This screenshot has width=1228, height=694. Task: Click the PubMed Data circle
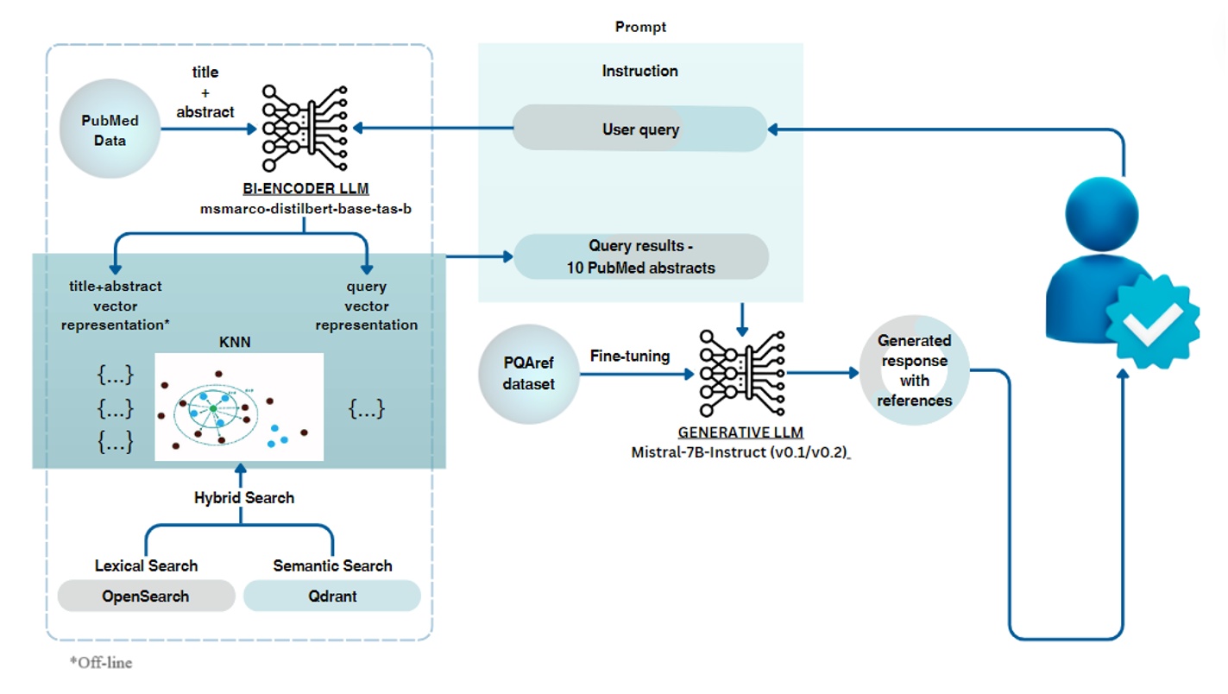[110, 130]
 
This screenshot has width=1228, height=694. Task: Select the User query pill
[639, 129]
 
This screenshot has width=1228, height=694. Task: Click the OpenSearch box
[145, 596]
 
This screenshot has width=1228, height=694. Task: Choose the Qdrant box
[332, 596]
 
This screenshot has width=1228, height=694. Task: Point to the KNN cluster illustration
[239, 407]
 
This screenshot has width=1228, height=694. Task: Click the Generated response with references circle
[914, 370]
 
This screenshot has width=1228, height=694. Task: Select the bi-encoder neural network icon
[304, 128]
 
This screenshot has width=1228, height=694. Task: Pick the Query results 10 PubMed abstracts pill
[640, 256]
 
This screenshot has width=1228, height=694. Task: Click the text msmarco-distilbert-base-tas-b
[304, 209]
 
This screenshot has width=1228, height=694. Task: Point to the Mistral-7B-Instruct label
[740, 451]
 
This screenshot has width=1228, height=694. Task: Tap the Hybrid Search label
[243, 498]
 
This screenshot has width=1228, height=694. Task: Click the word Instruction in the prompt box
[639, 71]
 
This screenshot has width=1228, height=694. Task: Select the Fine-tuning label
[629, 356]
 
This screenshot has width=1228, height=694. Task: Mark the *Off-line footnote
[101, 663]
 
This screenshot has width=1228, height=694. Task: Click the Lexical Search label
[146, 566]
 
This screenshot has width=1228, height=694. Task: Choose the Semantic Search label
[332, 566]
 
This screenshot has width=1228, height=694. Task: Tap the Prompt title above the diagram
[640, 27]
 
